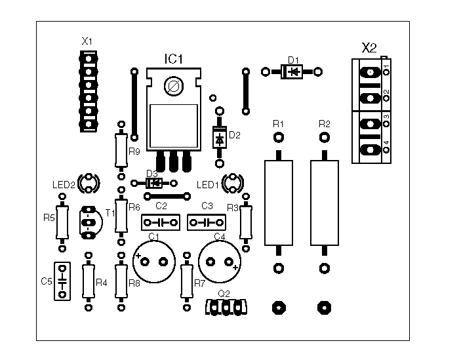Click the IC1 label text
(x=174, y=59)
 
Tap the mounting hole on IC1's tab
(x=174, y=87)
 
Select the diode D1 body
(x=292, y=71)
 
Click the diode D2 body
(x=219, y=137)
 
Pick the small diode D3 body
(x=154, y=183)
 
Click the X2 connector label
(x=369, y=48)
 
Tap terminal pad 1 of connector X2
(x=370, y=72)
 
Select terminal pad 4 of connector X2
(x=370, y=150)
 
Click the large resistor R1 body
(x=279, y=203)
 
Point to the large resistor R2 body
(x=325, y=203)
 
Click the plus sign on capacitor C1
(x=138, y=256)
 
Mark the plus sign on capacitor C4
(x=235, y=268)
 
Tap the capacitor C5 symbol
(x=62, y=281)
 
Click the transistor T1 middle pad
(x=88, y=223)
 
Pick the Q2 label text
(x=224, y=294)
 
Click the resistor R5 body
(x=62, y=222)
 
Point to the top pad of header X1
(x=89, y=58)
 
